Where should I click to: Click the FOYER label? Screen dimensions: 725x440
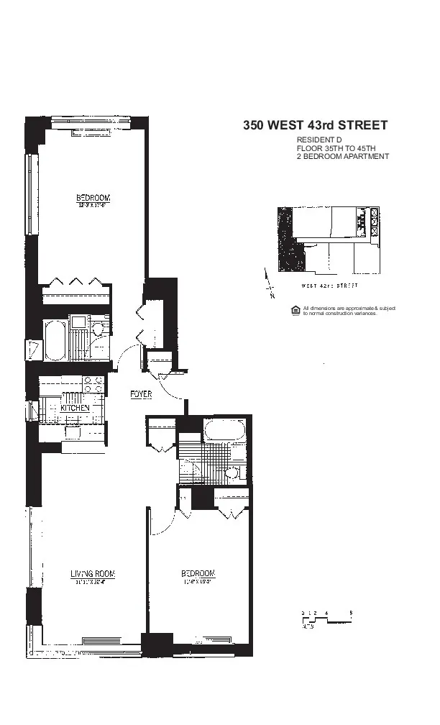point(140,394)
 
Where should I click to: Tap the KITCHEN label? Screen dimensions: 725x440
point(75,408)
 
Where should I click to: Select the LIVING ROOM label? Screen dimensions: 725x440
point(93,573)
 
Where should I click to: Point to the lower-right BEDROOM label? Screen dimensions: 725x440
point(198,573)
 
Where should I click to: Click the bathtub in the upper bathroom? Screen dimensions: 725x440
point(55,340)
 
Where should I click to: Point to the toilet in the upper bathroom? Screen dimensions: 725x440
point(98,329)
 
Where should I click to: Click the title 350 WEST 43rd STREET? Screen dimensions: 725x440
point(315,126)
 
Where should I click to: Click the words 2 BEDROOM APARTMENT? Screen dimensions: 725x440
point(342,156)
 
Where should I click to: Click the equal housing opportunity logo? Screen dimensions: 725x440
point(294,310)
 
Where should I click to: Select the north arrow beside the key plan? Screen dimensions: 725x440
point(267,283)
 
